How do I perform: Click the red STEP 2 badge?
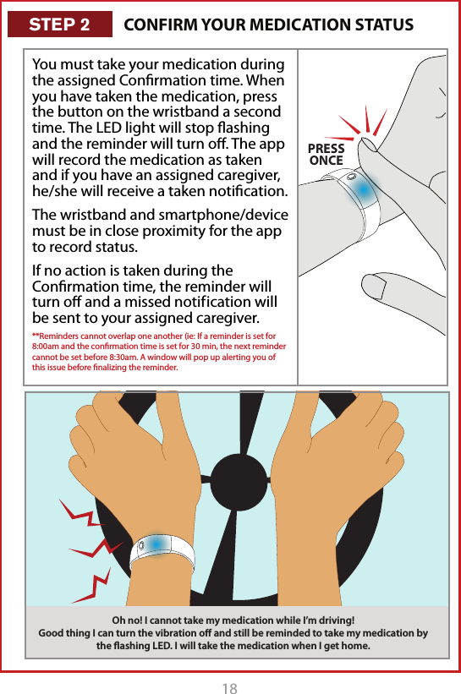click(x=59, y=25)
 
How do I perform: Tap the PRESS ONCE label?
click(x=327, y=155)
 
